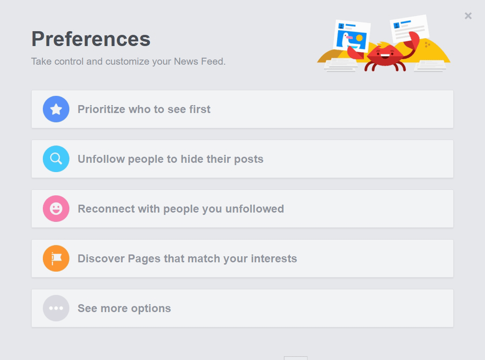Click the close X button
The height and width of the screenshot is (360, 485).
tap(468, 16)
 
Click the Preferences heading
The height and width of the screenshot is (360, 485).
tap(91, 39)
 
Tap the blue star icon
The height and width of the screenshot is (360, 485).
tap(56, 109)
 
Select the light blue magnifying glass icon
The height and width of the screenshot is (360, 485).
tap(56, 159)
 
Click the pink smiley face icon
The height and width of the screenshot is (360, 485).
tap(56, 208)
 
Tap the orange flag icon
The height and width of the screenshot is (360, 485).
tap(56, 258)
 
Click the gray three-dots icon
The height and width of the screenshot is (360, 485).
tap(56, 308)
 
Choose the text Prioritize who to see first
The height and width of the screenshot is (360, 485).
tap(144, 109)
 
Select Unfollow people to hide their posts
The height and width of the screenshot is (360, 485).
tap(170, 159)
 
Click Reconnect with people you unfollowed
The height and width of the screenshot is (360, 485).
tap(181, 209)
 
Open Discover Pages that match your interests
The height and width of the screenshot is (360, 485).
tap(187, 259)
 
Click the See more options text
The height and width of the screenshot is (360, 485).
tap(124, 308)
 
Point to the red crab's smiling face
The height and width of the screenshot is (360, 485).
tap(385, 54)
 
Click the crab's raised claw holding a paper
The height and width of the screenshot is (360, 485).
tap(412, 43)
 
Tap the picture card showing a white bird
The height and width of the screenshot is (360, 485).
tap(352, 36)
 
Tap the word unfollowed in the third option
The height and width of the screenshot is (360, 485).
tap(255, 209)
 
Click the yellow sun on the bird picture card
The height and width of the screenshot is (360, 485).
tap(359, 38)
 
